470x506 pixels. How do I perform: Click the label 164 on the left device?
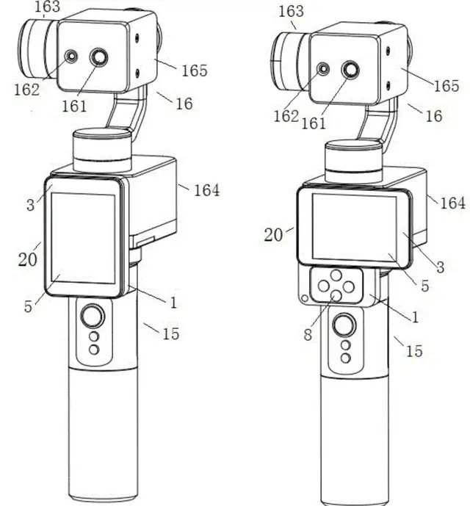tap(206, 190)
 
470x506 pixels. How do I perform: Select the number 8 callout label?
tap(308, 335)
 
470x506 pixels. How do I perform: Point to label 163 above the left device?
tap(48, 7)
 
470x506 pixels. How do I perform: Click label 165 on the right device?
tap(446, 86)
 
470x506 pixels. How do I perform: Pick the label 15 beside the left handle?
tap(171, 333)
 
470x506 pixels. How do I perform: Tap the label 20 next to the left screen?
tap(27, 259)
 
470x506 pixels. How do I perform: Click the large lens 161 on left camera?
tap(99, 57)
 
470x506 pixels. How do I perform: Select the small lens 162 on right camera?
tap(323, 69)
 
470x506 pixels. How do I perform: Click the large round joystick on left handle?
tap(93, 315)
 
